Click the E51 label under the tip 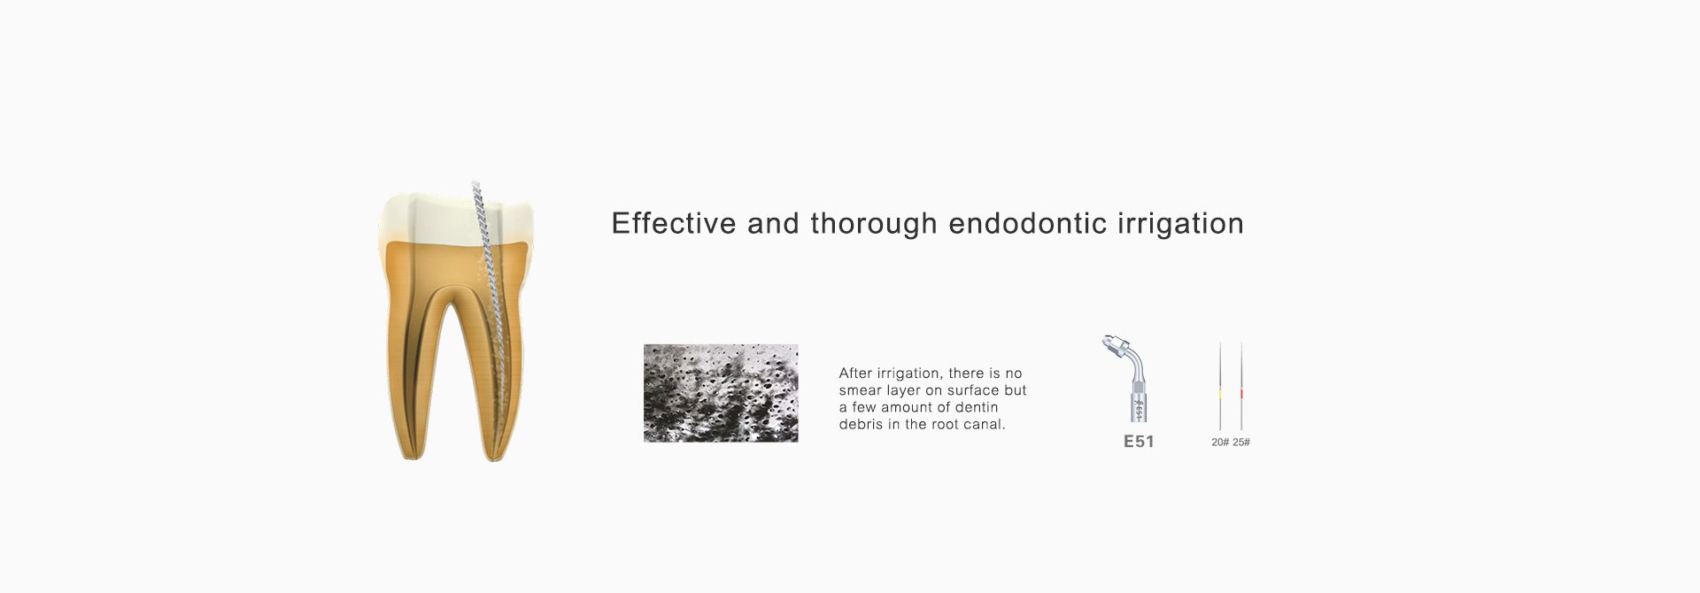tap(1139, 442)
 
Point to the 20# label tap(1220, 442)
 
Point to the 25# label tap(1241, 442)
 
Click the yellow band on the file tap(1220, 392)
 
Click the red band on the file tap(1241, 392)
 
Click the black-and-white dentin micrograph tap(721, 393)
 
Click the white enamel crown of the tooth tap(456, 221)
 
